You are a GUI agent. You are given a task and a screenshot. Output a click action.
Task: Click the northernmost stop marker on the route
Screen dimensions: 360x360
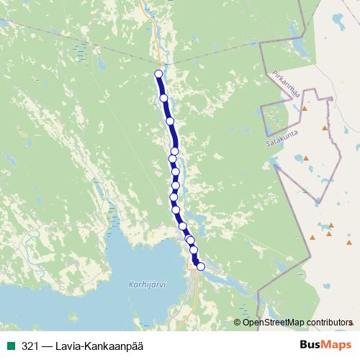point(159,73)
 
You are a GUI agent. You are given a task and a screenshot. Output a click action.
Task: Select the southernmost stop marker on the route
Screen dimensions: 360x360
point(201,266)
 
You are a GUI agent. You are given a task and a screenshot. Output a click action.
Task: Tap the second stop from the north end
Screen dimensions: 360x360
point(163,98)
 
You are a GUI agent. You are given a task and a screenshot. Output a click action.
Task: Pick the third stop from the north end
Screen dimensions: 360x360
point(171,121)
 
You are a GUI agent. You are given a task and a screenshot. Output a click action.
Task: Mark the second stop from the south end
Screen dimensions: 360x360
point(194,250)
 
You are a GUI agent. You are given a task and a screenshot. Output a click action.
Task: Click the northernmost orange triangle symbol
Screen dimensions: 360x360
point(305,108)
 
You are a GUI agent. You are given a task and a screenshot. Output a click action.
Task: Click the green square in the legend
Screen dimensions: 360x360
point(10,346)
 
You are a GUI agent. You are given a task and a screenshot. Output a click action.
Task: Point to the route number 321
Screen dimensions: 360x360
point(30,346)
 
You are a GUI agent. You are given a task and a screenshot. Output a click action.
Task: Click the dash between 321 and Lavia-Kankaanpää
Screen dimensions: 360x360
point(46,346)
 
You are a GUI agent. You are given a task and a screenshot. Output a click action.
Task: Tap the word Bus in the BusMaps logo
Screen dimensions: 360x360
point(311,346)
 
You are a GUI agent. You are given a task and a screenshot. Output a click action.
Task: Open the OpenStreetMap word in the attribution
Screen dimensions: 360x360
point(273,323)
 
